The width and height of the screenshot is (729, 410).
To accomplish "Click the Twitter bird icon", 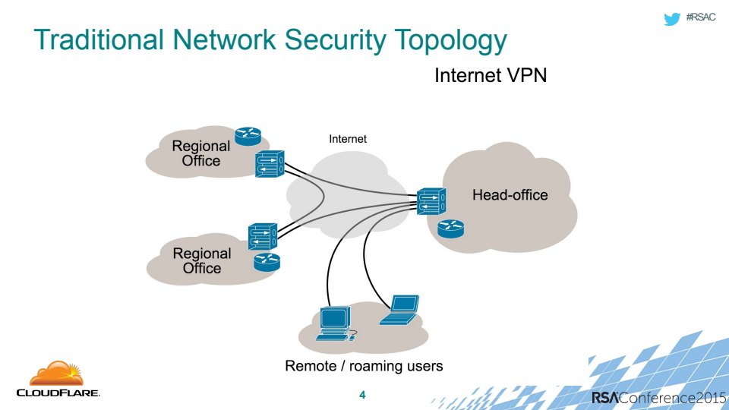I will point(671,19).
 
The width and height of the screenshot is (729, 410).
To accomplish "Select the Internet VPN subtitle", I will point(491,76).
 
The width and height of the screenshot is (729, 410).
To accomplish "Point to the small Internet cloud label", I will point(348,139).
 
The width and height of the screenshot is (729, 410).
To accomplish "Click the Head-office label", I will point(510,195).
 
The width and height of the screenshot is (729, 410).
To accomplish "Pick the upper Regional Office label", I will point(201,153).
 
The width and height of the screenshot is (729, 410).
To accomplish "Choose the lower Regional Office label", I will point(202,260).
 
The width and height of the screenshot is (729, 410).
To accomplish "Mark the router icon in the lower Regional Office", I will point(267,263).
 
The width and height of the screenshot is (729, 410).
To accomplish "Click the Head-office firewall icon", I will point(431,202).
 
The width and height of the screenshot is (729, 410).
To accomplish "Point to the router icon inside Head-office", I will point(450,228).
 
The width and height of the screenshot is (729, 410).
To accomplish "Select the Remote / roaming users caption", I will point(364,366).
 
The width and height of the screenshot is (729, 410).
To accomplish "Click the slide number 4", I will point(362,395).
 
